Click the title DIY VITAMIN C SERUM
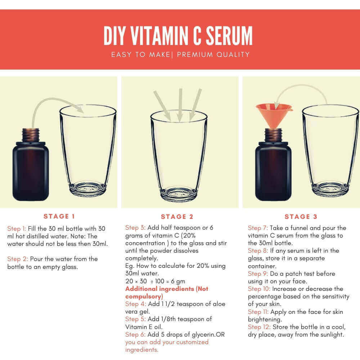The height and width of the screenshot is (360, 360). (178, 36)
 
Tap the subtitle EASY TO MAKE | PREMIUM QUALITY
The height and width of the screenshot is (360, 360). (180, 55)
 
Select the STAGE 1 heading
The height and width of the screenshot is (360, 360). (59, 216)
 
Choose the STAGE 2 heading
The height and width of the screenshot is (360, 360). (177, 216)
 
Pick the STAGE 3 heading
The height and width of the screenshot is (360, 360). (301, 216)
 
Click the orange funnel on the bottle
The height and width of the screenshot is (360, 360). (274, 115)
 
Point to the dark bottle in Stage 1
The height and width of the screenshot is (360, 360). (31, 165)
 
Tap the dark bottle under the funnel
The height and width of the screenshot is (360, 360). (273, 165)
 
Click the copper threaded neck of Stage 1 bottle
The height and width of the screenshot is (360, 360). (31, 135)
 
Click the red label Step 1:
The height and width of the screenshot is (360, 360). (17, 229)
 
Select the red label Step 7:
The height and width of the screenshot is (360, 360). (258, 228)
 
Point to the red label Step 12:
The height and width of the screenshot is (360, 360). (259, 327)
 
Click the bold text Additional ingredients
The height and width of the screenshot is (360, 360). (159, 289)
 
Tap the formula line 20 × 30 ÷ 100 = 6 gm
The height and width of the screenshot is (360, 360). (155, 281)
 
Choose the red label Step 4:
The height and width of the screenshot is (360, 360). (135, 304)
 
